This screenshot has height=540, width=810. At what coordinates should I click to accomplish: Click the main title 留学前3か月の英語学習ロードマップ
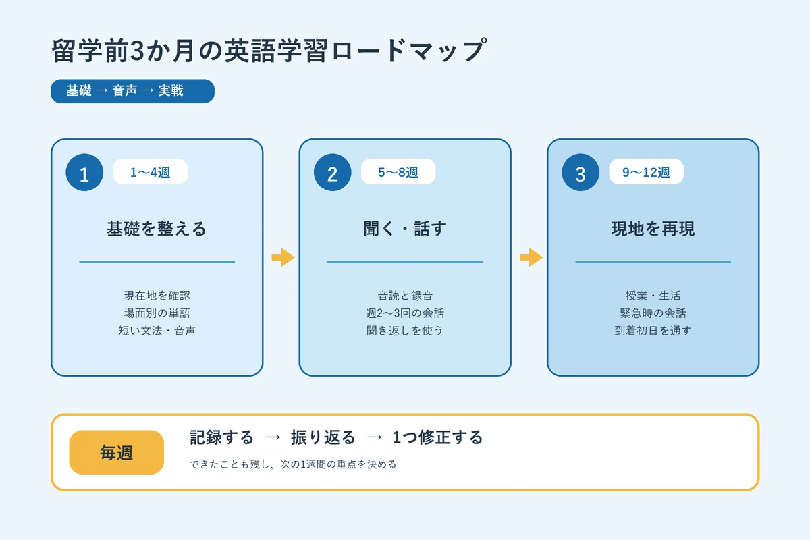[269, 51]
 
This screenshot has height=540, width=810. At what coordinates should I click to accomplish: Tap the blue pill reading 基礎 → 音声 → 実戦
[132, 91]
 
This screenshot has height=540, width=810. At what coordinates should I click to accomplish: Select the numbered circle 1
[84, 173]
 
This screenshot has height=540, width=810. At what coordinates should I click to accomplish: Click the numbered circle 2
[333, 173]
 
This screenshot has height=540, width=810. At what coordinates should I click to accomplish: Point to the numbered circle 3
[580, 173]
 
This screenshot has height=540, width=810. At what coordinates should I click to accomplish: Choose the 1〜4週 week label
[150, 172]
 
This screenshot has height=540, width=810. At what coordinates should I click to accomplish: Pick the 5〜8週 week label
[398, 172]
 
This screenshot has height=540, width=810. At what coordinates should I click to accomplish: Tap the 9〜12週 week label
[646, 172]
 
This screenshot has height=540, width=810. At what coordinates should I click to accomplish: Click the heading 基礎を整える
[157, 229]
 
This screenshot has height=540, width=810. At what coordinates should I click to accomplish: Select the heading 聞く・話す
[405, 229]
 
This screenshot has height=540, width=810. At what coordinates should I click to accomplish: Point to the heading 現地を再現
[653, 229]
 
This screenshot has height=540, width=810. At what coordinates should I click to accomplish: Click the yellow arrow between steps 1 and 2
[283, 257]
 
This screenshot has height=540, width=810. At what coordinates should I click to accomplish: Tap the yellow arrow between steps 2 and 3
[531, 257]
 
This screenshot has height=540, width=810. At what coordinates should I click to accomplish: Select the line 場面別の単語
[157, 313]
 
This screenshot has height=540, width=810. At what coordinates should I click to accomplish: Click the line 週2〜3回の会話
[405, 313]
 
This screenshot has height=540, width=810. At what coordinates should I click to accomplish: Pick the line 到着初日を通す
[653, 330]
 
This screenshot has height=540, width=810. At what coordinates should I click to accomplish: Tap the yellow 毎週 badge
[116, 452]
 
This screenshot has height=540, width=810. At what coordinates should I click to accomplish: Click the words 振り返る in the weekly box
[323, 437]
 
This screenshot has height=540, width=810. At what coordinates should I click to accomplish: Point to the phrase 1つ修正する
[437, 437]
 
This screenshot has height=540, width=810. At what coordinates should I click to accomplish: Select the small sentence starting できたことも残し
[293, 464]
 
